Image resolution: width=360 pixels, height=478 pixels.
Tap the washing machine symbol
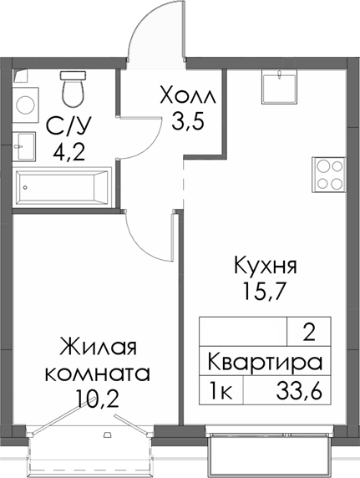pos(25,104)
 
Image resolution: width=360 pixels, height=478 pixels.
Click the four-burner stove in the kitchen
pos(328,175)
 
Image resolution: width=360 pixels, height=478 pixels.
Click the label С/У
pos(65,127)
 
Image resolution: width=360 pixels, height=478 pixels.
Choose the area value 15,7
pos(263,295)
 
